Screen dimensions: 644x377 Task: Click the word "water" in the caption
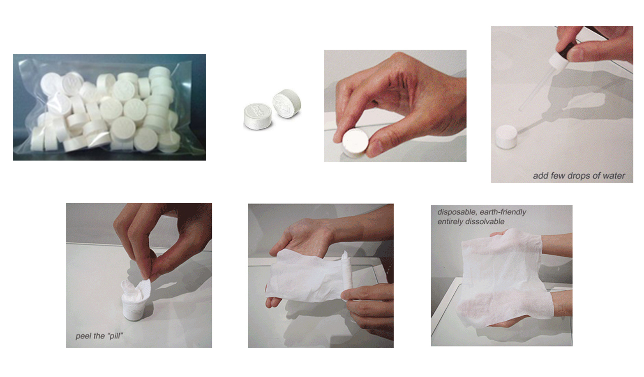[x=614, y=176]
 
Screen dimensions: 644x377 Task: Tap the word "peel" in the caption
[x=83, y=336]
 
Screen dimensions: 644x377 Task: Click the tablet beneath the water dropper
[x=506, y=136]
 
